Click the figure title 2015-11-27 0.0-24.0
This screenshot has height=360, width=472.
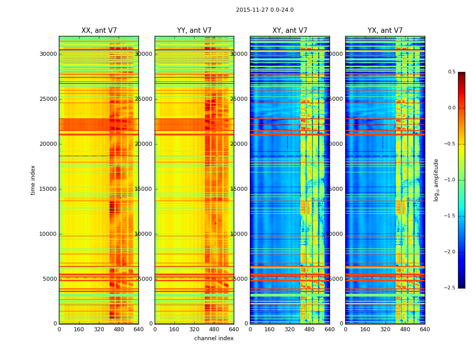(x=265, y=10)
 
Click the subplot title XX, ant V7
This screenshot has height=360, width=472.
(x=99, y=31)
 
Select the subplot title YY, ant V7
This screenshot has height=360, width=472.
(x=194, y=31)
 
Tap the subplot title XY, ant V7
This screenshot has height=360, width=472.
(x=290, y=31)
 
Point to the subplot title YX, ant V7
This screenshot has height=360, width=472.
(x=385, y=31)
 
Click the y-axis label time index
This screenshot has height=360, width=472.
(x=33, y=180)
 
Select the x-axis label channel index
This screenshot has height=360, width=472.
(x=214, y=338)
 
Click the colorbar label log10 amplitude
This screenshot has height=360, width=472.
(x=436, y=180)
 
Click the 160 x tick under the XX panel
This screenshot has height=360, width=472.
(x=79, y=329)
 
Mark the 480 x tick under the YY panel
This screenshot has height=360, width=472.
(x=214, y=329)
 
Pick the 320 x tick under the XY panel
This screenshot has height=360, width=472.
(x=290, y=329)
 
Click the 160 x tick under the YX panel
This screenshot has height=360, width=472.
(x=365, y=329)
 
